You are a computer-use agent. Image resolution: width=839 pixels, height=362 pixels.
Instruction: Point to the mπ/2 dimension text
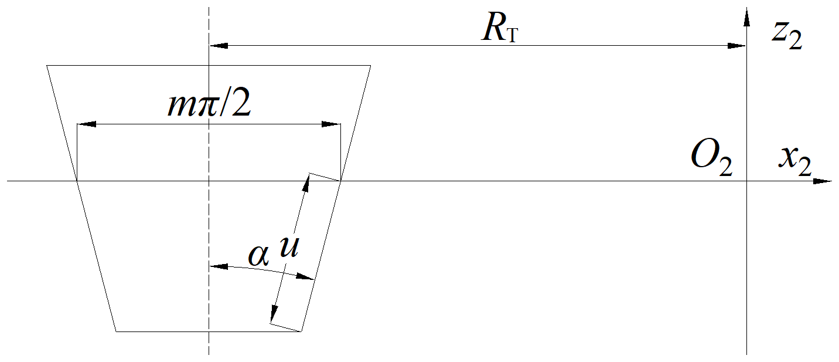[209, 106]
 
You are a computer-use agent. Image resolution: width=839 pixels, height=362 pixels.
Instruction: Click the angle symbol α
[258, 255]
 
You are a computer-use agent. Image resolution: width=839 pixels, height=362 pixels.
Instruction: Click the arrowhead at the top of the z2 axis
[747, 16]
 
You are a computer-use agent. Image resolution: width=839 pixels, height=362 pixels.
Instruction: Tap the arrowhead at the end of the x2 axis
[824, 181]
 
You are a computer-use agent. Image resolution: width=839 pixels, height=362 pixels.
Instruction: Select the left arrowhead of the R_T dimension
[217, 45]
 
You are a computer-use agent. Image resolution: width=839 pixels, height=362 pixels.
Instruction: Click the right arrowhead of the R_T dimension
[738, 45]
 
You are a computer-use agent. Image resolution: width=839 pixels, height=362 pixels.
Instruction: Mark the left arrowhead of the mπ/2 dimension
[86, 124]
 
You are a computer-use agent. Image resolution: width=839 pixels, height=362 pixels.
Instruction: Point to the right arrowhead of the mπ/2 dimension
[332, 124]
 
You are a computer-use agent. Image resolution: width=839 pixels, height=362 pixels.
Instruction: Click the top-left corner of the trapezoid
[47, 65]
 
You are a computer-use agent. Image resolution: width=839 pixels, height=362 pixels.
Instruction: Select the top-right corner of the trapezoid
[370, 65]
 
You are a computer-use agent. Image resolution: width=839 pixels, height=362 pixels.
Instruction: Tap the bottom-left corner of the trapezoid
[116, 331]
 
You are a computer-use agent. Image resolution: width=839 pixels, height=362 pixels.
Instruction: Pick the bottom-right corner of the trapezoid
[301, 331]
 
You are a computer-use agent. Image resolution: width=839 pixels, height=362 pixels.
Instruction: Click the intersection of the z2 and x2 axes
[747, 181]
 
